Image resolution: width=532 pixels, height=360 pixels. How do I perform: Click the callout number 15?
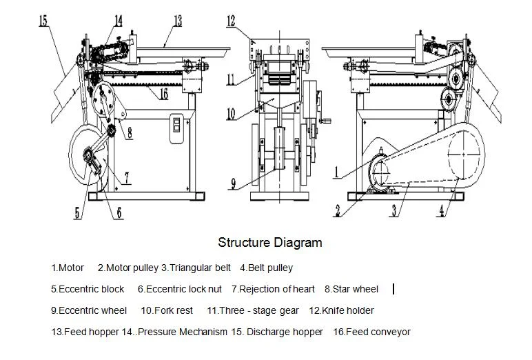pyautogui.click(x=43, y=22)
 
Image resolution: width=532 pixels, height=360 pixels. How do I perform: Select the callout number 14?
pyautogui.click(x=119, y=21)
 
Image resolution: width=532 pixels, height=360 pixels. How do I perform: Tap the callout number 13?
pyautogui.click(x=177, y=22)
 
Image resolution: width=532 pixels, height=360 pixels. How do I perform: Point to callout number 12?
pyautogui.click(x=232, y=21)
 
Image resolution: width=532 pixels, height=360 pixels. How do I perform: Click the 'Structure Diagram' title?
pyautogui.click(x=269, y=242)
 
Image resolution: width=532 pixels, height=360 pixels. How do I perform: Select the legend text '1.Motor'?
pyautogui.click(x=68, y=268)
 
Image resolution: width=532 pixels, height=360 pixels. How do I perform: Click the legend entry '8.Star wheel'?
pyautogui.click(x=351, y=290)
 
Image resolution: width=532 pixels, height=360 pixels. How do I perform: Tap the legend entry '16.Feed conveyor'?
pyautogui.click(x=371, y=332)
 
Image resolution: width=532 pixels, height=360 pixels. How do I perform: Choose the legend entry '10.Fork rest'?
pyautogui.click(x=167, y=311)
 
